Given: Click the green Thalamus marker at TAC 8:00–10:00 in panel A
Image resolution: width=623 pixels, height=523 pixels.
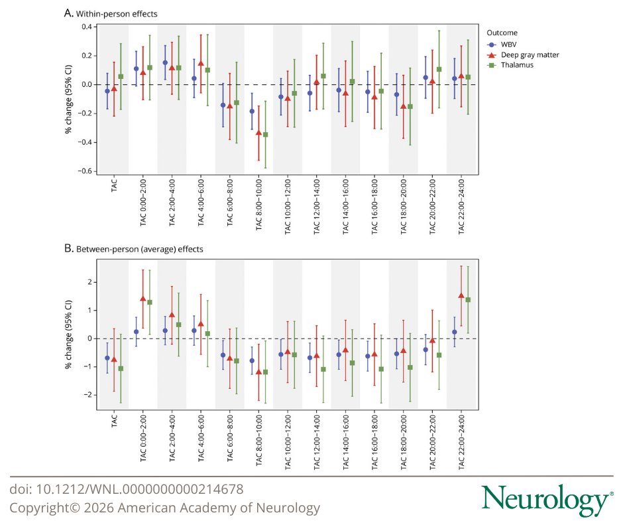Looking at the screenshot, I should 265,135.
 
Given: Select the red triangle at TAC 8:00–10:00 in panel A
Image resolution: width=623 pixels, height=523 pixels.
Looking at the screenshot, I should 258,133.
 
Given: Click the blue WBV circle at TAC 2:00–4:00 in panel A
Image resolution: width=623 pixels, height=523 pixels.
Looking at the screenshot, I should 164,62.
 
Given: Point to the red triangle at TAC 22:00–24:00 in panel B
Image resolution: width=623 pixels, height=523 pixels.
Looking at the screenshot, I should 461,295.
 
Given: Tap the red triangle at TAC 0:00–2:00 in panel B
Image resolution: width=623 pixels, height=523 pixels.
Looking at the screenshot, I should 142,299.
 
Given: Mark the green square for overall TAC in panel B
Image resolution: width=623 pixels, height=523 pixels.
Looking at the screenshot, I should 121,368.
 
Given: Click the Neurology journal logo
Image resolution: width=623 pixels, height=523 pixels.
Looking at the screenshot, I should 543,500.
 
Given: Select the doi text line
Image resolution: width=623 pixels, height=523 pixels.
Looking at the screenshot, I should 126,489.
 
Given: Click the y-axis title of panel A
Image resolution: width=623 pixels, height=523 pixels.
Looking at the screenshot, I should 68,100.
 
